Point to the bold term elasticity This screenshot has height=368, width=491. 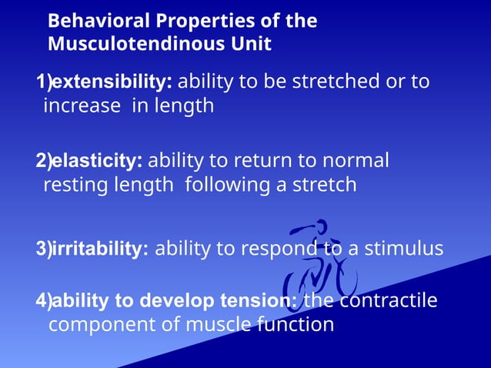point(96,161)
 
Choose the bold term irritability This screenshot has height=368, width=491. point(99,249)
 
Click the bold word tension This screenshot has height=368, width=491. point(259,300)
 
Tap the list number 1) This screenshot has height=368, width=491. point(43,82)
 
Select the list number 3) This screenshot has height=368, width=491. point(43,249)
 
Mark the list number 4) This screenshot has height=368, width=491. point(43,300)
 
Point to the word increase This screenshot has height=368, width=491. point(81,105)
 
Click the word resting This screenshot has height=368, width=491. point(75,185)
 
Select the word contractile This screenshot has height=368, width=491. point(388,300)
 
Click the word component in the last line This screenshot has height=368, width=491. point(97,324)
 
